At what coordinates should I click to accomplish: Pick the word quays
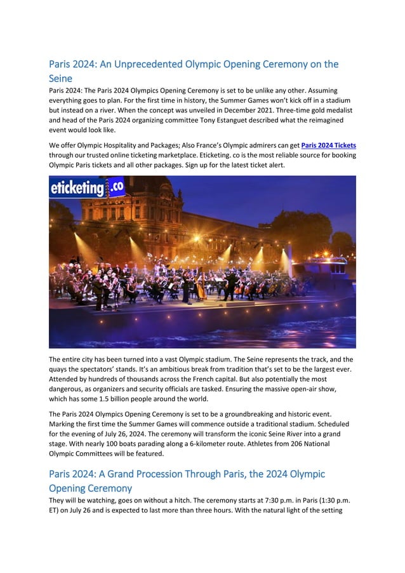(60, 370)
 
